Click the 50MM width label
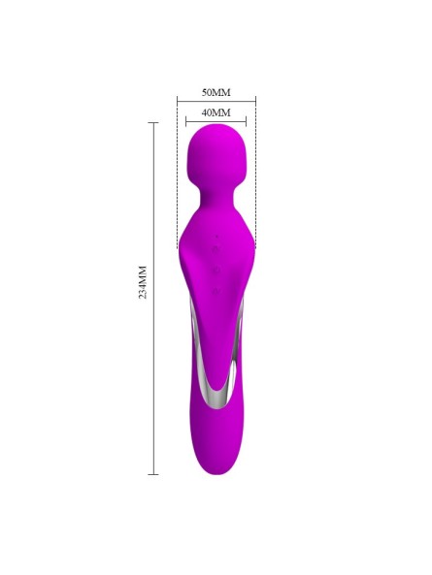pyautogui.click(x=216, y=92)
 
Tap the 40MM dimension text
pyautogui.click(x=216, y=112)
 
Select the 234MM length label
pyautogui.click(x=143, y=282)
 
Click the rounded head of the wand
pyautogui.click(x=216, y=150)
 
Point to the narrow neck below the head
pyautogui.click(x=216, y=198)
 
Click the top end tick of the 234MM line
pyautogui.click(x=153, y=122)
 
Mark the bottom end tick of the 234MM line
pyautogui.click(x=153, y=474)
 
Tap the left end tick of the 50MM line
pyautogui.click(x=178, y=100)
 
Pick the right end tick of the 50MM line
pyautogui.click(x=256, y=100)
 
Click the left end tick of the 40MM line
pyautogui.click(x=186, y=120)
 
